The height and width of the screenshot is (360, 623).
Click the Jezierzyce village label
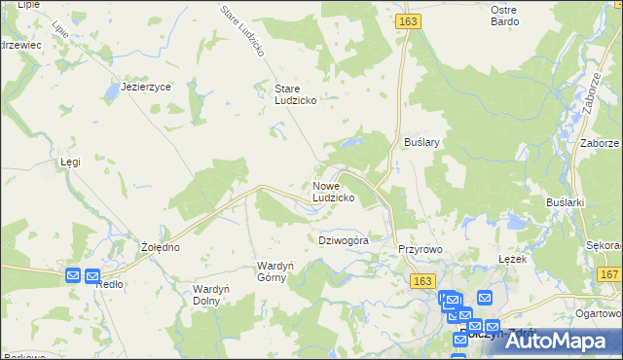click(146, 87)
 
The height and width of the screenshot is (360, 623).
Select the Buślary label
click(422, 142)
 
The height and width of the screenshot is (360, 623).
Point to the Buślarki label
click(565, 201)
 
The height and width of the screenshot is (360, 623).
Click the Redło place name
click(110, 283)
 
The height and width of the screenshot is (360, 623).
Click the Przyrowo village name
click(421, 249)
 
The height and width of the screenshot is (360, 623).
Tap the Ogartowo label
click(598, 313)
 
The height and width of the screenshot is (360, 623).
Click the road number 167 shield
click(609, 276)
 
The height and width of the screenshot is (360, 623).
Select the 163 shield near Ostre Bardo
click(408, 19)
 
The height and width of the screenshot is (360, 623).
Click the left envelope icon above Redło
click(73, 276)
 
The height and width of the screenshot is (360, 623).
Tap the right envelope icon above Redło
click(92, 276)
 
